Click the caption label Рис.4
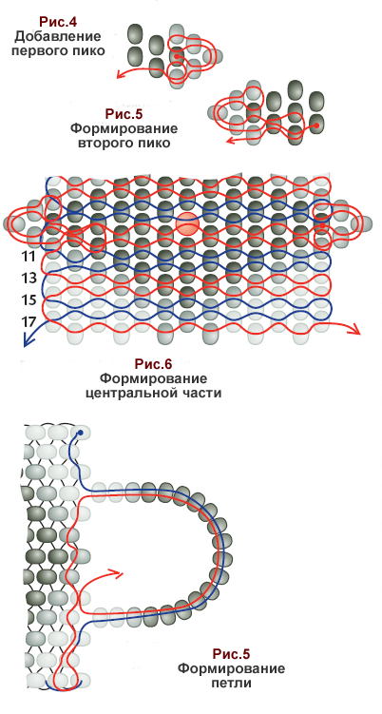point(57,22)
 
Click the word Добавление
point(57,36)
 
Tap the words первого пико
point(57,50)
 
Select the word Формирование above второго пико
point(124,128)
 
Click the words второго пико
point(124,143)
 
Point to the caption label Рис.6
point(153,364)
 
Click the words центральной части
point(153,393)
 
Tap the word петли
point(231,684)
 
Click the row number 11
point(29,258)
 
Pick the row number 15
point(29,300)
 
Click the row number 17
point(29,321)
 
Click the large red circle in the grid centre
point(188,223)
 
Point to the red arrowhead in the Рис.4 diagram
point(121,74)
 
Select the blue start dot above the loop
point(81,433)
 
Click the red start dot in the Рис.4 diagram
point(176,56)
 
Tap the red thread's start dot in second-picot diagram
point(316,125)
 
